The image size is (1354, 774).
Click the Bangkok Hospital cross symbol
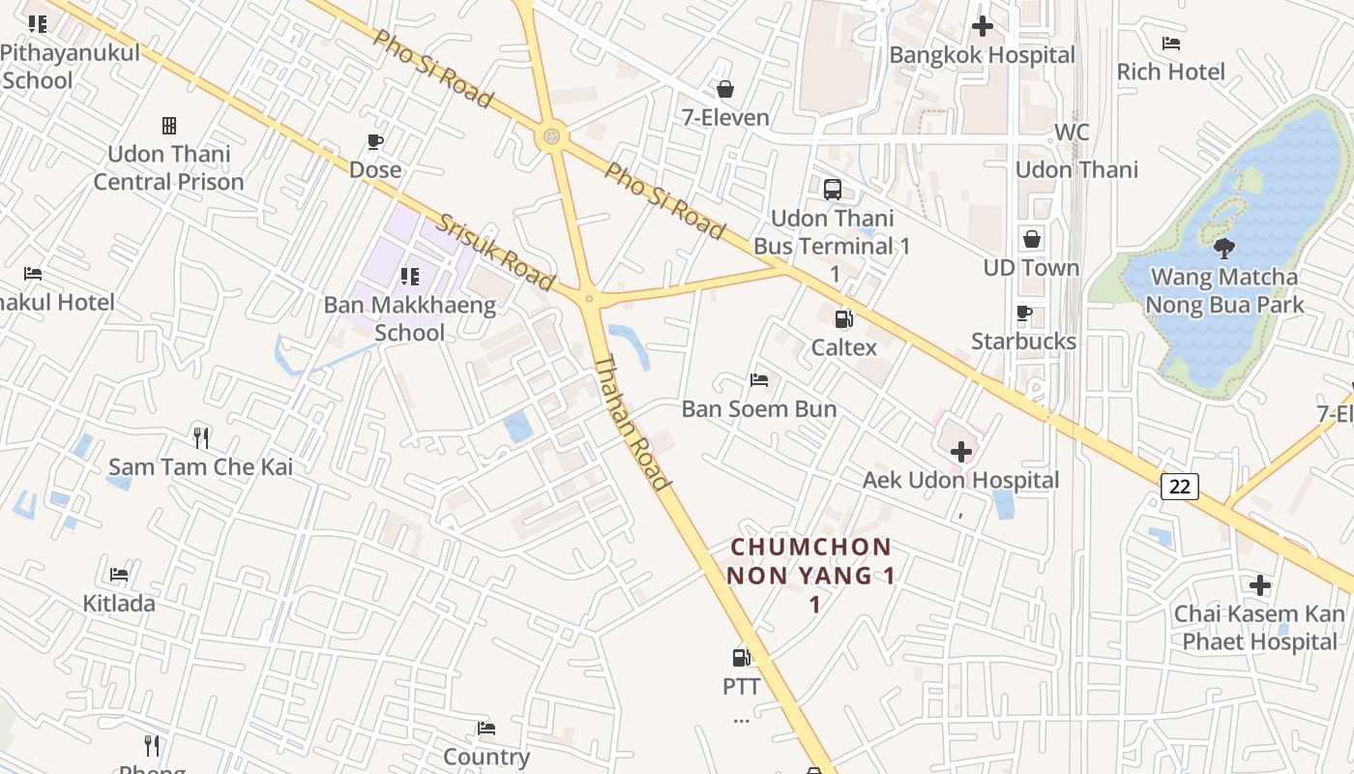(x=983, y=26)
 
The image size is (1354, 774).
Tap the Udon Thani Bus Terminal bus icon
(x=833, y=190)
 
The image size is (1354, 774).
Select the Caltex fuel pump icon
(x=843, y=318)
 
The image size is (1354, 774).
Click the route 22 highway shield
(x=1180, y=486)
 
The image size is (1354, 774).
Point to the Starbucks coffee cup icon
(x=1024, y=313)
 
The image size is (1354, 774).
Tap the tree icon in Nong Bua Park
(x=1223, y=249)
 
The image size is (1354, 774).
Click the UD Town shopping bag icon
(x=1032, y=239)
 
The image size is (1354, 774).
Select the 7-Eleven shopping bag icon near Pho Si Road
(x=725, y=89)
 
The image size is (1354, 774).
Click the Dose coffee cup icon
(x=375, y=142)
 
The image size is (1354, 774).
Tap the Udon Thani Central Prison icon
(x=169, y=126)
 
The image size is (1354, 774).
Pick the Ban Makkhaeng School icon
(x=410, y=277)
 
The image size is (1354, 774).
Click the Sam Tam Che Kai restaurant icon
(x=201, y=438)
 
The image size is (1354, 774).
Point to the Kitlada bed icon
(x=119, y=575)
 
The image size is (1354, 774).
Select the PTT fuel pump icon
(x=741, y=658)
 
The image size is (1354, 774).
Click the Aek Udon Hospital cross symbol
(x=961, y=452)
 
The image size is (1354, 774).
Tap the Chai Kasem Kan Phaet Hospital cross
(x=1259, y=585)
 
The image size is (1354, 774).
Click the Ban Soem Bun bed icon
(x=759, y=380)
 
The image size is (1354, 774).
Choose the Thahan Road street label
(x=632, y=423)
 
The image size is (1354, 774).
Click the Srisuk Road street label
(x=495, y=253)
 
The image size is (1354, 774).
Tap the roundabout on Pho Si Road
(x=551, y=136)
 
